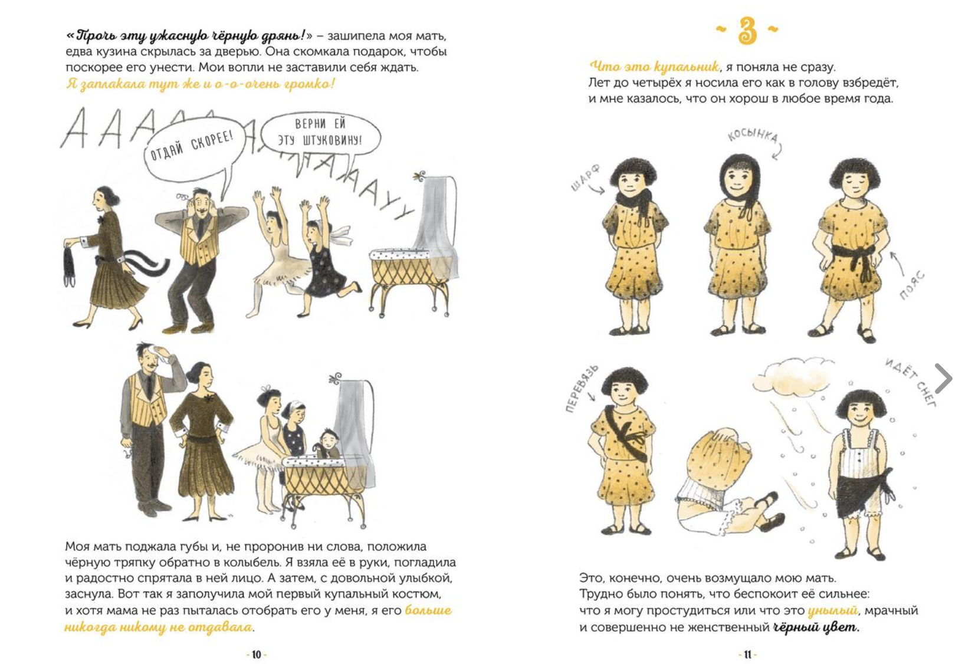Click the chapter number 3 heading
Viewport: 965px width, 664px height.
pos(747,31)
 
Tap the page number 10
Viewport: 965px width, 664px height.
pos(257,655)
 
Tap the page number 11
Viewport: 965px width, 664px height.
pos(747,655)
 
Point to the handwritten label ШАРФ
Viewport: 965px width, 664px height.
pos(585,177)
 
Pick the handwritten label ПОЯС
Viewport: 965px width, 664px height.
pos(911,285)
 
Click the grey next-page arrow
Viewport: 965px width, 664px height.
pos(943,378)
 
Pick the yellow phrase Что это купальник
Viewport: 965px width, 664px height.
pos(654,66)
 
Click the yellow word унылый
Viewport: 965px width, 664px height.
pos(832,610)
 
